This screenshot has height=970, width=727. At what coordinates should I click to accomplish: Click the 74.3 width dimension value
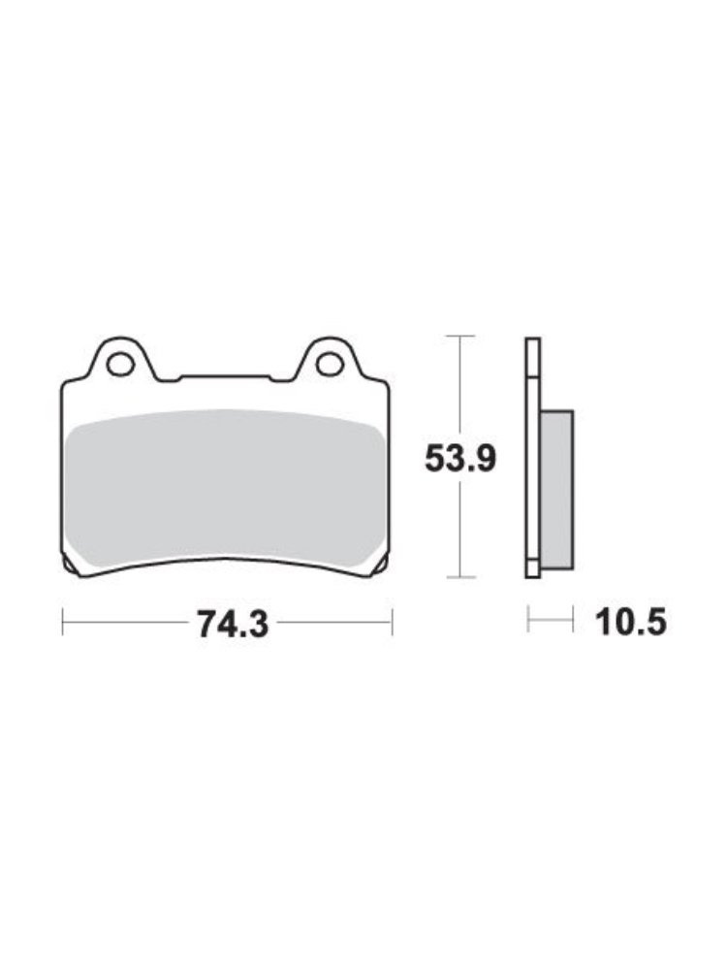coord(233,623)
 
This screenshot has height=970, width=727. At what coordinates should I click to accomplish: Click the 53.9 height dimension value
coord(459,459)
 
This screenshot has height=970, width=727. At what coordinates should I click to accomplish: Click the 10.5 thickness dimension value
coord(631,621)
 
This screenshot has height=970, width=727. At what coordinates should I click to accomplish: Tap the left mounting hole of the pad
coord(120,364)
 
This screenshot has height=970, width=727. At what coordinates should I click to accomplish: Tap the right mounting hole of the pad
coord(331,364)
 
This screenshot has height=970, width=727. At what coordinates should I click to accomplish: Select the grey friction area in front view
coord(224,489)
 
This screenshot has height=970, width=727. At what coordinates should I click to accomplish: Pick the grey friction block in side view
coord(556,489)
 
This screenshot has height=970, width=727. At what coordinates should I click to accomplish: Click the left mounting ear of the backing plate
coord(121,360)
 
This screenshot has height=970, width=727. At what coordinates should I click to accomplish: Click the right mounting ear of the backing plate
coord(331,360)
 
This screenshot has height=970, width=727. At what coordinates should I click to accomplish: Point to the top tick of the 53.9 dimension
coord(459,336)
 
